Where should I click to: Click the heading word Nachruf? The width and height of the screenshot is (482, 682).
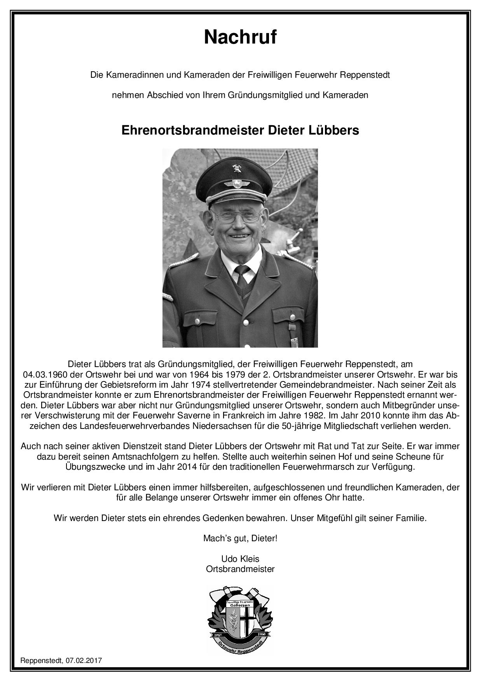click(x=240, y=38)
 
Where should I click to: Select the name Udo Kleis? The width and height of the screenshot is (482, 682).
click(x=240, y=559)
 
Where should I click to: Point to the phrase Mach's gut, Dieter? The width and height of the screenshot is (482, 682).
click(x=240, y=539)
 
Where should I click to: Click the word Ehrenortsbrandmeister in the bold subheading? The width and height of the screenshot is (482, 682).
click(x=193, y=130)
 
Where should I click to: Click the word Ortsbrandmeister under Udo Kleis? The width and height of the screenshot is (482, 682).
click(x=240, y=569)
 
